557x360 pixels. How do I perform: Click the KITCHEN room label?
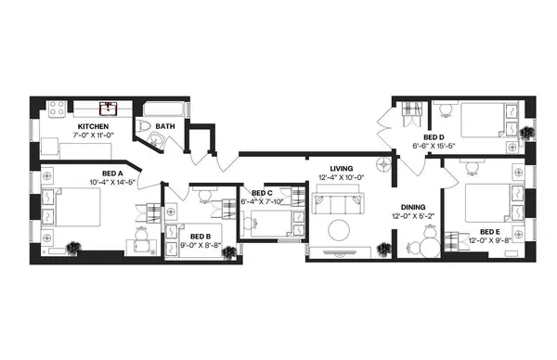pyautogui.click(x=93, y=126)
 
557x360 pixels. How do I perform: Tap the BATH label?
pyautogui.click(x=164, y=127)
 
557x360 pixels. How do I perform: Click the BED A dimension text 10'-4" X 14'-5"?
pyautogui.click(x=112, y=182)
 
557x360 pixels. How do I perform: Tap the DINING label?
pyautogui.click(x=413, y=207)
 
